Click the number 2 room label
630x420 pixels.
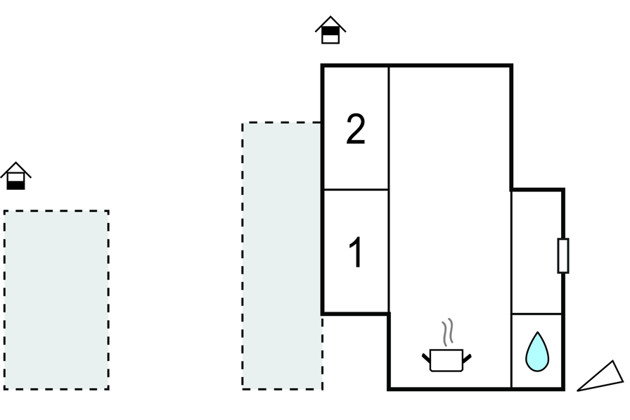click(x=356, y=130)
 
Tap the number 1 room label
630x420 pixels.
click(x=356, y=253)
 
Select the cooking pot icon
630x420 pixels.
click(x=446, y=359)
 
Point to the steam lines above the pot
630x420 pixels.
click(x=448, y=332)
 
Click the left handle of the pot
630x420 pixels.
click(x=426, y=359)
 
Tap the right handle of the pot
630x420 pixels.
click(x=467, y=359)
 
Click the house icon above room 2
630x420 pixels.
click(x=330, y=30)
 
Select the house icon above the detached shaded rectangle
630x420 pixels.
click(x=15, y=176)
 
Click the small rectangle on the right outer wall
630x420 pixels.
click(x=563, y=255)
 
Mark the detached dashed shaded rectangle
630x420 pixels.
click(x=56, y=300)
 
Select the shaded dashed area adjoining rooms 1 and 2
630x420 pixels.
click(x=282, y=255)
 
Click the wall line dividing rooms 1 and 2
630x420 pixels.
click(x=356, y=189)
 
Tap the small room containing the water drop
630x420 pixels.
click(x=537, y=351)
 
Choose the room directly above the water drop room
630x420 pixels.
click(x=537, y=251)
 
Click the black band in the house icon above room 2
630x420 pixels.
click(x=330, y=31)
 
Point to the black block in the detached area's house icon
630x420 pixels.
click(x=15, y=185)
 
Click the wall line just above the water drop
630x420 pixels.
click(x=537, y=314)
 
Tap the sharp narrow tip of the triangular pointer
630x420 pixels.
click(x=579, y=390)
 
